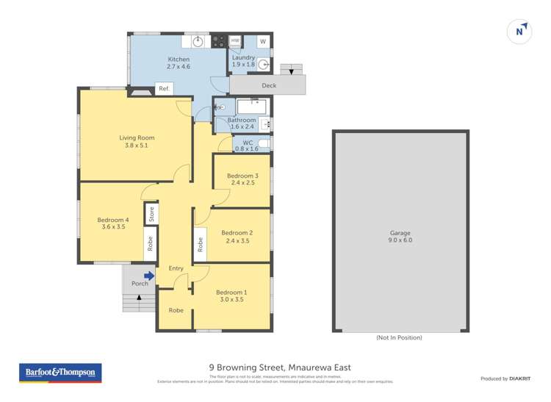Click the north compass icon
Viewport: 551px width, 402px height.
click(520, 32)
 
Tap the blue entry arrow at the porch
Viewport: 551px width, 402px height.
click(149, 276)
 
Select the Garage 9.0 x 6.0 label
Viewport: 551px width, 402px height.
click(400, 236)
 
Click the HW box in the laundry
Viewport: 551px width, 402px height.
click(235, 41)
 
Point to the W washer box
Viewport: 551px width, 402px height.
click(262, 41)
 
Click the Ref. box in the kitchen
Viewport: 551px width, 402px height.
click(164, 89)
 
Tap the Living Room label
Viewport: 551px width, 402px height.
click(137, 141)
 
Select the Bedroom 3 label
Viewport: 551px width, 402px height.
click(242, 179)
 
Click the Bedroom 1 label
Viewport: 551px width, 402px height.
click(232, 295)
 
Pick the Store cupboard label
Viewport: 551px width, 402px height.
click(151, 214)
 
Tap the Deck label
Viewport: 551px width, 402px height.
click(268, 86)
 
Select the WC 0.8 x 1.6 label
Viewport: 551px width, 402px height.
click(247, 146)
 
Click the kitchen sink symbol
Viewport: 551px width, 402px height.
click(198, 42)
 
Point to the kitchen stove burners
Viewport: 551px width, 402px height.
click(218, 43)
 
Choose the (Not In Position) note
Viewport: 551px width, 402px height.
click(399, 337)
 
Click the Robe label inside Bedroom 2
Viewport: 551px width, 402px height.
click(200, 243)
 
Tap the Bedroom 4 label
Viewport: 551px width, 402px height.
click(112, 223)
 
